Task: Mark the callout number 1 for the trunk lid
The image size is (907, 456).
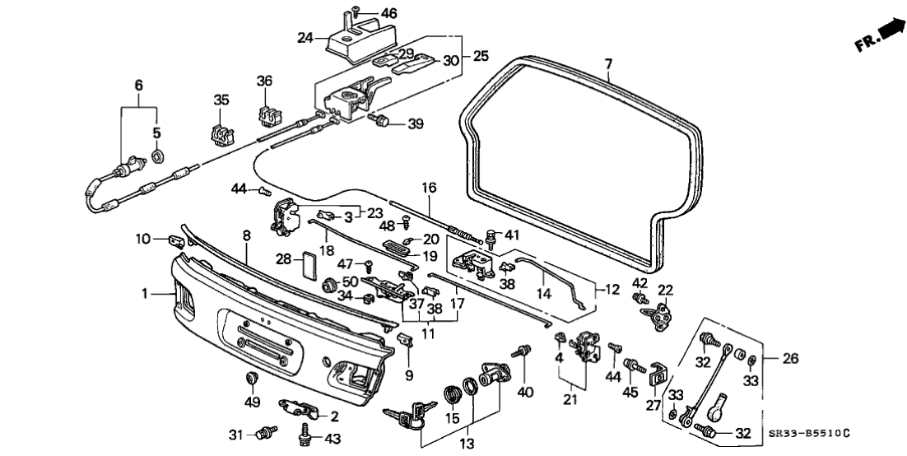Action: (x=146, y=292)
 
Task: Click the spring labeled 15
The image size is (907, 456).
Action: (x=452, y=393)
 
